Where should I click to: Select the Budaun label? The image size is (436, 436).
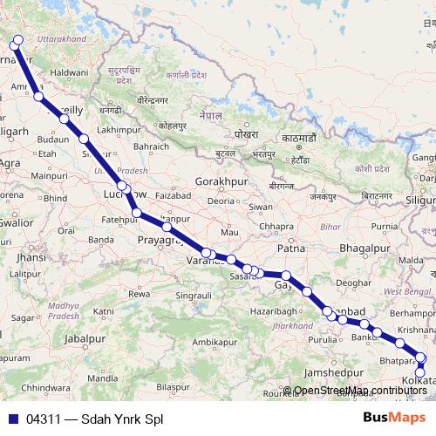(x=53, y=138)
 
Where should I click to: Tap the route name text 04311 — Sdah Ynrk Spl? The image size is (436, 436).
(x=94, y=419)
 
